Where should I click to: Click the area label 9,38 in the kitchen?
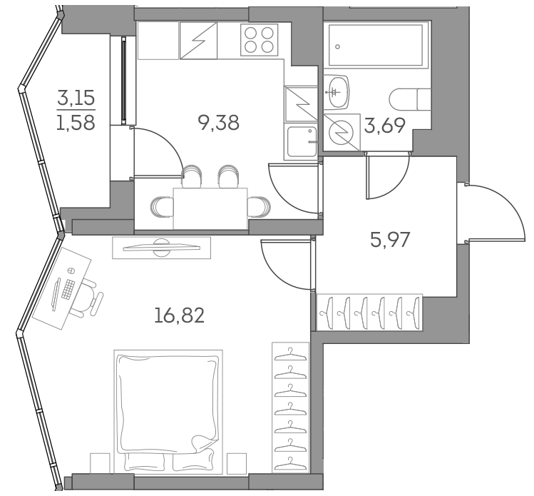pyautogui.click(x=220, y=123)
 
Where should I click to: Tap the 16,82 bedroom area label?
pyautogui.click(x=179, y=314)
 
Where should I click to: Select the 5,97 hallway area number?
pyautogui.click(x=390, y=240)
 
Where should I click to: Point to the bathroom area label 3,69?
pyautogui.click(x=385, y=126)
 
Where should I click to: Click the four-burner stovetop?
pyautogui.click(x=259, y=39)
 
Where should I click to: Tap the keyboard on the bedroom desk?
pyautogui.click(x=68, y=289)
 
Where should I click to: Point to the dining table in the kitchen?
pyautogui.click(x=210, y=208)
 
